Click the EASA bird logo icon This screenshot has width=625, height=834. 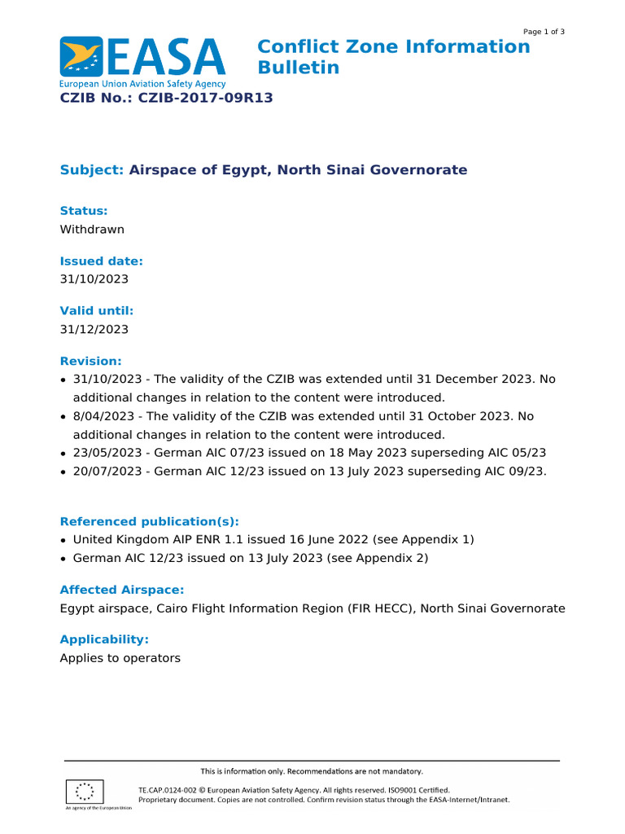point(81,56)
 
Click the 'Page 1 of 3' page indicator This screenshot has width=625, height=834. point(544,32)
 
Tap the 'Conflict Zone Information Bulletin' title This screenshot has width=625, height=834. point(393,57)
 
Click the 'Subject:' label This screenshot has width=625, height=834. point(91,170)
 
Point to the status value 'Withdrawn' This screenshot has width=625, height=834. point(92,230)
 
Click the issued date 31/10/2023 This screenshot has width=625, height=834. point(94,279)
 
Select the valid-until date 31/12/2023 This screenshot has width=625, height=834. point(94,330)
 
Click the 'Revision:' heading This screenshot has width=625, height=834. point(91,361)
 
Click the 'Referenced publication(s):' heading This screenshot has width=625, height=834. point(150,522)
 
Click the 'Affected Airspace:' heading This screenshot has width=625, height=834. point(122,590)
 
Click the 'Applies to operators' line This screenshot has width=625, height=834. point(120,658)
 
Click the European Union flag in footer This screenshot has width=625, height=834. point(84,792)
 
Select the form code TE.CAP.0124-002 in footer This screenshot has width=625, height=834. point(167,790)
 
